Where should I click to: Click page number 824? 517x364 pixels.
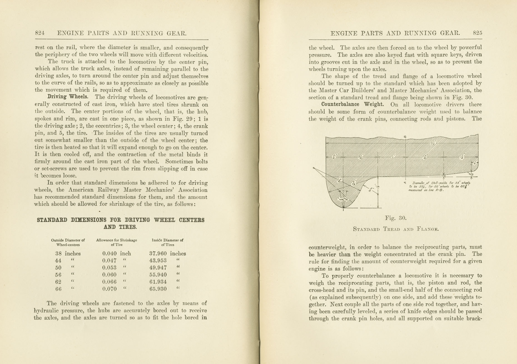[x=40, y=33]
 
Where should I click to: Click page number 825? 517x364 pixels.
[x=477, y=33]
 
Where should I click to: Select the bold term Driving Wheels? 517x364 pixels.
[x=68, y=97]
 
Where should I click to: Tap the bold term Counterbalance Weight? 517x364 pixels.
[x=352, y=104]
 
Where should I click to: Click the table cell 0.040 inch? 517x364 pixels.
[x=116, y=254]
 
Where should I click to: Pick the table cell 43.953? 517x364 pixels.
[x=158, y=261]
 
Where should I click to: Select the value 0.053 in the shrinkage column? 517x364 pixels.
[x=109, y=268]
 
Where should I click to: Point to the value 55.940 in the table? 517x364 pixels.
[x=158, y=275]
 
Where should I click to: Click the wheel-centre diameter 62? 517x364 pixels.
[x=58, y=282]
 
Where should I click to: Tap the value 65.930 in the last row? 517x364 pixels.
[x=158, y=289]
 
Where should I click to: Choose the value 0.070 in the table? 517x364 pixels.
[x=109, y=289]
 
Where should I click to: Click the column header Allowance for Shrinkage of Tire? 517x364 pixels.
[x=116, y=242]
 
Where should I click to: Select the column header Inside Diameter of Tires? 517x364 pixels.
[x=168, y=242]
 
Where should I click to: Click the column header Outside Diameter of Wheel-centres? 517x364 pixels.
[x=68, y=242]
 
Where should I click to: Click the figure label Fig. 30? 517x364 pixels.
[x=396, y=218]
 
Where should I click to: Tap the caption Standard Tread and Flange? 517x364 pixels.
[x=396, y=229]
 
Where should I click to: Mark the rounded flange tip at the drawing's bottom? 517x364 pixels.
[x=344, y=206]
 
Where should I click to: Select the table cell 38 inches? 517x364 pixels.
[x=68, y=254]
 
